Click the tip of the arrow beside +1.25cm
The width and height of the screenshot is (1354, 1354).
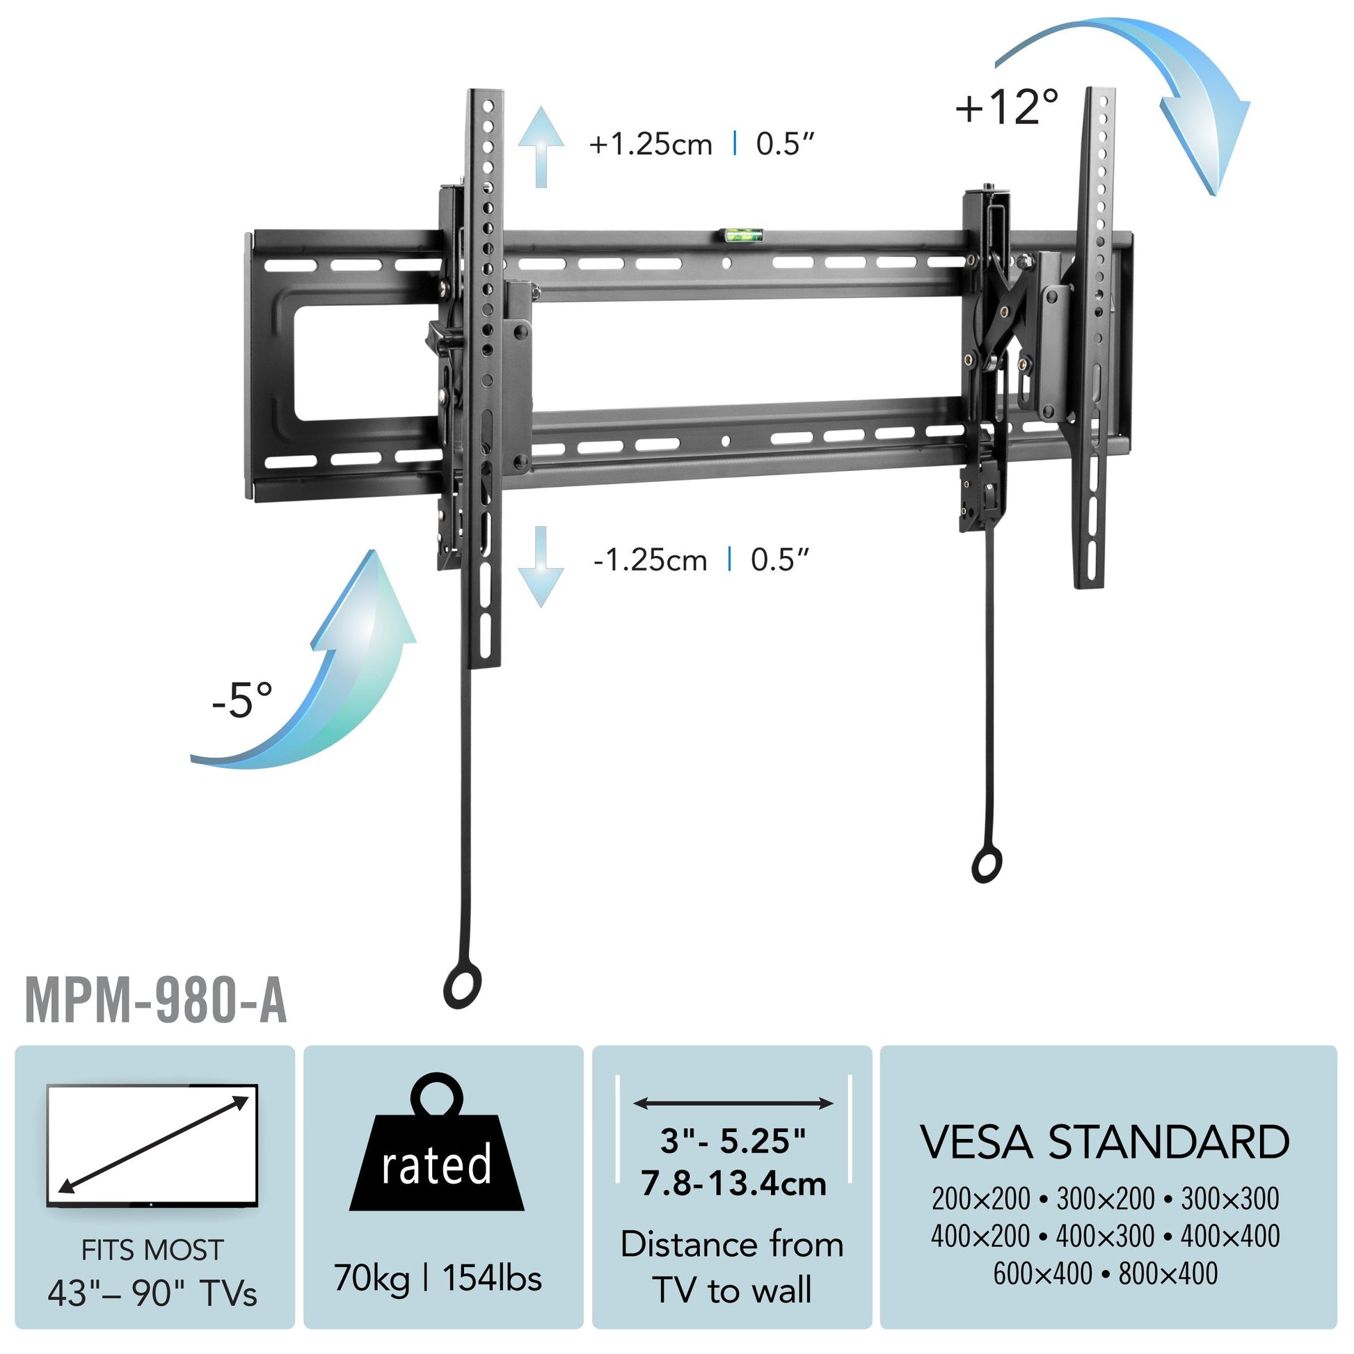click(541, 106)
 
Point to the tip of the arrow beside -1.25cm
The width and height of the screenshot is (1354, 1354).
click(541, 607)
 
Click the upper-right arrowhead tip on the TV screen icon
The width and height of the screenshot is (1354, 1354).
click(249, 1097)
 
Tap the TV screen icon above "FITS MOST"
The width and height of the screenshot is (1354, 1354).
click(152, 1147)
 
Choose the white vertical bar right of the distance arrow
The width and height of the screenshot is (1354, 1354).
click(850, 1129)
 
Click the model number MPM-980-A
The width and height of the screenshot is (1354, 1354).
click(156, 1002)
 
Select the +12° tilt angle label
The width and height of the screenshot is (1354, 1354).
click(1007, 107)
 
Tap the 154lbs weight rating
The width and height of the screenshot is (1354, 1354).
click(492, 1277)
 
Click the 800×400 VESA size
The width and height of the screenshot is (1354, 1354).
click(1168, 1273)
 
